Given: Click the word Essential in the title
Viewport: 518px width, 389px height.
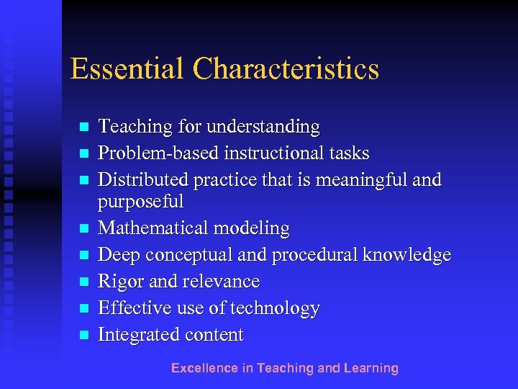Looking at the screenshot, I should coord(127,69).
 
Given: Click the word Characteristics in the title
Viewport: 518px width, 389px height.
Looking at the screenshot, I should coord(285,69).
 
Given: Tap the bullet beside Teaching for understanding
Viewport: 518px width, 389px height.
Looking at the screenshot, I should coord(84,128).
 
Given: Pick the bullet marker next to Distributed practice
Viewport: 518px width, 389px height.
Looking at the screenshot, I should coord(84,179).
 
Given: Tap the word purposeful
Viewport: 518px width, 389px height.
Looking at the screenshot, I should coord(141,202).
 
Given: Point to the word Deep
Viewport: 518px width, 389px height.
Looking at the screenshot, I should coord(117,256).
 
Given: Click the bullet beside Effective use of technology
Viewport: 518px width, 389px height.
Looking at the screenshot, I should coord(84,308).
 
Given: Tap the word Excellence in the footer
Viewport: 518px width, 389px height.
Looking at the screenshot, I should coord(204,368).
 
